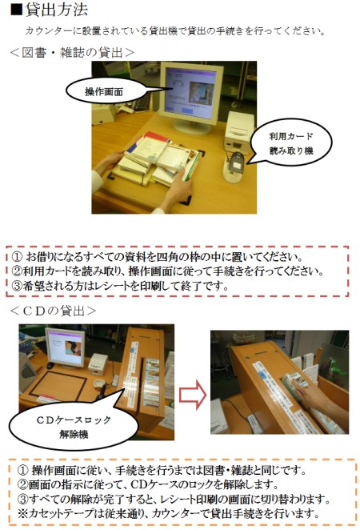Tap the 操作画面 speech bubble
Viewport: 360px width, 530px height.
click(x=105, y=91)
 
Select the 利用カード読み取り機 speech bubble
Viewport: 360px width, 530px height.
click(x=290, y=143)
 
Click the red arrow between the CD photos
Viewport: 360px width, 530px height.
click(x=192, y=394)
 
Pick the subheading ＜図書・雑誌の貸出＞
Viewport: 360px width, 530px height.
click(x=72, y=52)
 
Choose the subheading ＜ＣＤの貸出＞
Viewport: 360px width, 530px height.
click(x=53, y=311)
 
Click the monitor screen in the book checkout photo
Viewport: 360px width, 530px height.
click(x=190, y=94)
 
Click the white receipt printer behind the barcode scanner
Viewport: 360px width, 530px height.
click(x=238, y=130)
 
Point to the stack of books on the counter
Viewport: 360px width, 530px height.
click(x=155, y=159)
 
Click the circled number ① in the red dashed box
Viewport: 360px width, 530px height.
click(x=17, y=257)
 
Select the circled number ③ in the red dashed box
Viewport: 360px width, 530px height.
click(x=17, y=287)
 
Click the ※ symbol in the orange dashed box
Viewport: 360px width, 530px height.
click(x=22, y=514)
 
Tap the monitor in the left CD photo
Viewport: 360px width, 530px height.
click(x=65, y=347)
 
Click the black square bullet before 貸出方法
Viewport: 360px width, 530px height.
click(x=16, y=10)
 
